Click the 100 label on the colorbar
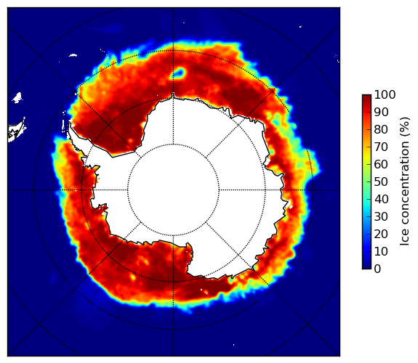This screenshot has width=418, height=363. [x=385, y=94]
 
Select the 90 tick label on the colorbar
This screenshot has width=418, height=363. [x=381, y=112]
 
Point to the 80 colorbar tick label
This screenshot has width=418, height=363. [x=381, y=129]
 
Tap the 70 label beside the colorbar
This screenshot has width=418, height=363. [x=381, y=147]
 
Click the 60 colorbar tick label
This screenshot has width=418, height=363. [x=381, y=164]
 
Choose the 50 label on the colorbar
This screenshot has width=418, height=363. [x=381, y=181]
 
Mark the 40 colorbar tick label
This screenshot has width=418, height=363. [x=381, y=199]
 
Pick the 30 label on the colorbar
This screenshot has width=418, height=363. [x=381, y=216]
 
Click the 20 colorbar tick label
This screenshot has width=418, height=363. [x=381, y=234]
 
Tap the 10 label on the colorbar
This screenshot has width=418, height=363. [x=381, y=251]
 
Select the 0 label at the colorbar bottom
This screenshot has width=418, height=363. [x=378, y=269]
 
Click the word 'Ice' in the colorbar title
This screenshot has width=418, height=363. [x=405, y=238]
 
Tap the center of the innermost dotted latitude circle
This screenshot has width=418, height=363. [x=173, y=190]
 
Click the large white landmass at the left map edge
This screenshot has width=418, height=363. [x=17, y=131]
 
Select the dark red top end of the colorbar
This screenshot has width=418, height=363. [x=366, y=95]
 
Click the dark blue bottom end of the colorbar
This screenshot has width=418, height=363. [x=366, y=268]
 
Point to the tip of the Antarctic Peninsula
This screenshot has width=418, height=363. [x=70, y=124]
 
